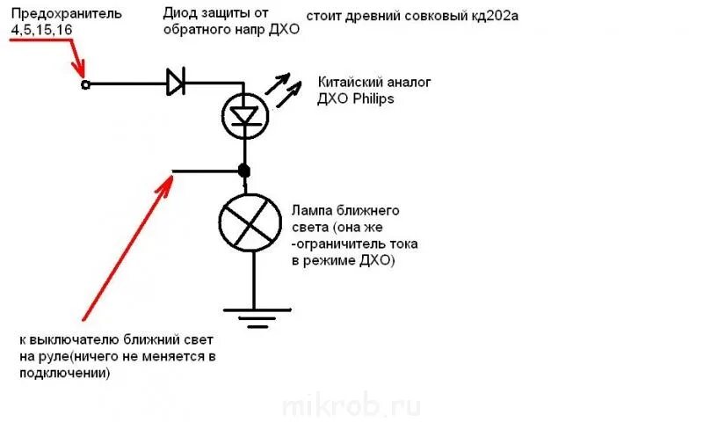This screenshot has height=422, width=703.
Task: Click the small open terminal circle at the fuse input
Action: pyautogui.click(x=85, y=84)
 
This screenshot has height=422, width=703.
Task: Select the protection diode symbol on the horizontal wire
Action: pyautogui.click(x=175, y=84)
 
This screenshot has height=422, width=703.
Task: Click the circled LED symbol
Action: pyautogui.click(x=243, y=113)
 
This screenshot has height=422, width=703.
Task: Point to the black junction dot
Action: pyautogui.click(x=244, y=171)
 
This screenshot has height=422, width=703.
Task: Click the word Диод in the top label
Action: pyautogui.click(x=180, y=13)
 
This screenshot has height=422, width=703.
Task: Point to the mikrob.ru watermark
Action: pyautogui.click(x=351, y=406)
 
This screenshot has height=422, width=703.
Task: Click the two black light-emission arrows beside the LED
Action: pyautogui.click(x=286, y=89)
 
